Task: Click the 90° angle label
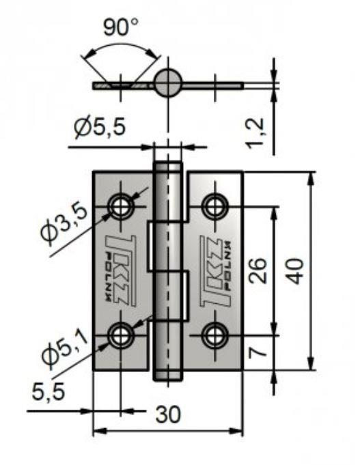121,27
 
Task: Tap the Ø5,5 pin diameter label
100,128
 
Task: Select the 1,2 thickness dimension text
255,132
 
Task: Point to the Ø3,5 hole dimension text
64,225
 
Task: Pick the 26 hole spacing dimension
258,271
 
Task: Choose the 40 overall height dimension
294,271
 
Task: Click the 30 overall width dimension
168,414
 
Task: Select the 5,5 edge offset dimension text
49,391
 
